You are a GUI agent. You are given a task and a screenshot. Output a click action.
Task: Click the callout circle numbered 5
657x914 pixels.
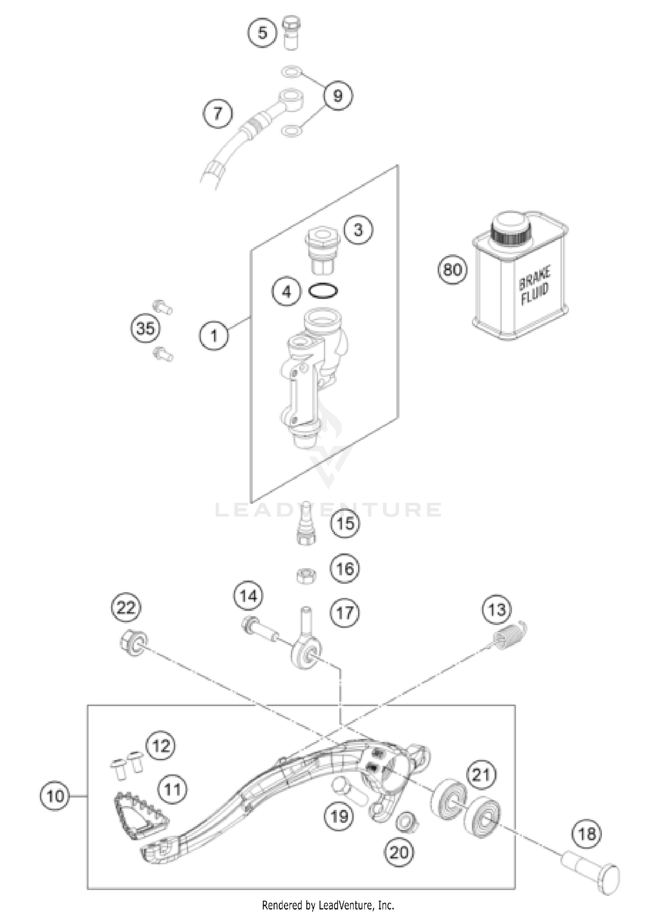262,32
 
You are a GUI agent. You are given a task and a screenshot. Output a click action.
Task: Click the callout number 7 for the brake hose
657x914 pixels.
218,114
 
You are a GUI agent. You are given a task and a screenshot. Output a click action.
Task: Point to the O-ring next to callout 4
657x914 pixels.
323,291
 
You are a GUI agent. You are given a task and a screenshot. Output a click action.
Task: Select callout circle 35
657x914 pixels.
145,328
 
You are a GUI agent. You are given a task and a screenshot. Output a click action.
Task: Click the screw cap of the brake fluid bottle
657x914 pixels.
510,228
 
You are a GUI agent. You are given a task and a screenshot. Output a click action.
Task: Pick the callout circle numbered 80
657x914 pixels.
452,269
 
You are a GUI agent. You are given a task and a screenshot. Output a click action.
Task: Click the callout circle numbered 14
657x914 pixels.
248,596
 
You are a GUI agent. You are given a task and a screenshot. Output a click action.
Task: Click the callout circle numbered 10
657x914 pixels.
55,795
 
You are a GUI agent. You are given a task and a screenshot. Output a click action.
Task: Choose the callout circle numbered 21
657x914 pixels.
481,775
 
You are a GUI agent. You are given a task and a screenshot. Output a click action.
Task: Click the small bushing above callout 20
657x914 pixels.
406,821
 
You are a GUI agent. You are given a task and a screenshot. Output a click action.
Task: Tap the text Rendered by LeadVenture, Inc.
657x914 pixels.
328,905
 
